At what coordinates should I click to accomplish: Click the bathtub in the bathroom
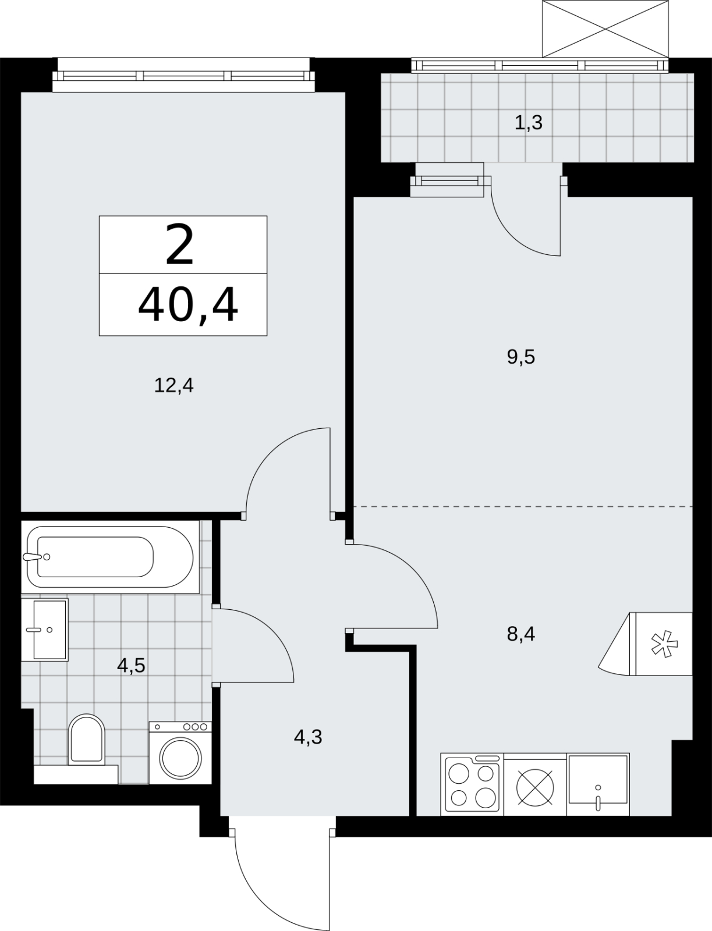pos(110,557)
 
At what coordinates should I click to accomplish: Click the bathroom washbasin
pos(45,630)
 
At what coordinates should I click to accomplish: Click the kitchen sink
pos(598,784)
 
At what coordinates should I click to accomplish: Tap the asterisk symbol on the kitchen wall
pos(664,644)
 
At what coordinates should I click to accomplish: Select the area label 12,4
pos(174,386)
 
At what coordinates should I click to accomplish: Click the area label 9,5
pos(521,357)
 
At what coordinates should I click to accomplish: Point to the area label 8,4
pos(521,634)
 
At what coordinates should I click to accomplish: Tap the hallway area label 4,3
pos(308,737)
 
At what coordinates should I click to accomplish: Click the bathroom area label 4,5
pos(131,666)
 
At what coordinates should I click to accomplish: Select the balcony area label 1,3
pos(529,123)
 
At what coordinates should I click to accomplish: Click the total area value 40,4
pos(188,304)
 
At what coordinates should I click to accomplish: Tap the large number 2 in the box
pos(180,245)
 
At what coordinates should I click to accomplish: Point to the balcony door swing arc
pos(513,237)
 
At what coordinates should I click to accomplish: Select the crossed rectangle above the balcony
pos(605,29)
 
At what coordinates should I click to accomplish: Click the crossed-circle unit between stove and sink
pos(536,788)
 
